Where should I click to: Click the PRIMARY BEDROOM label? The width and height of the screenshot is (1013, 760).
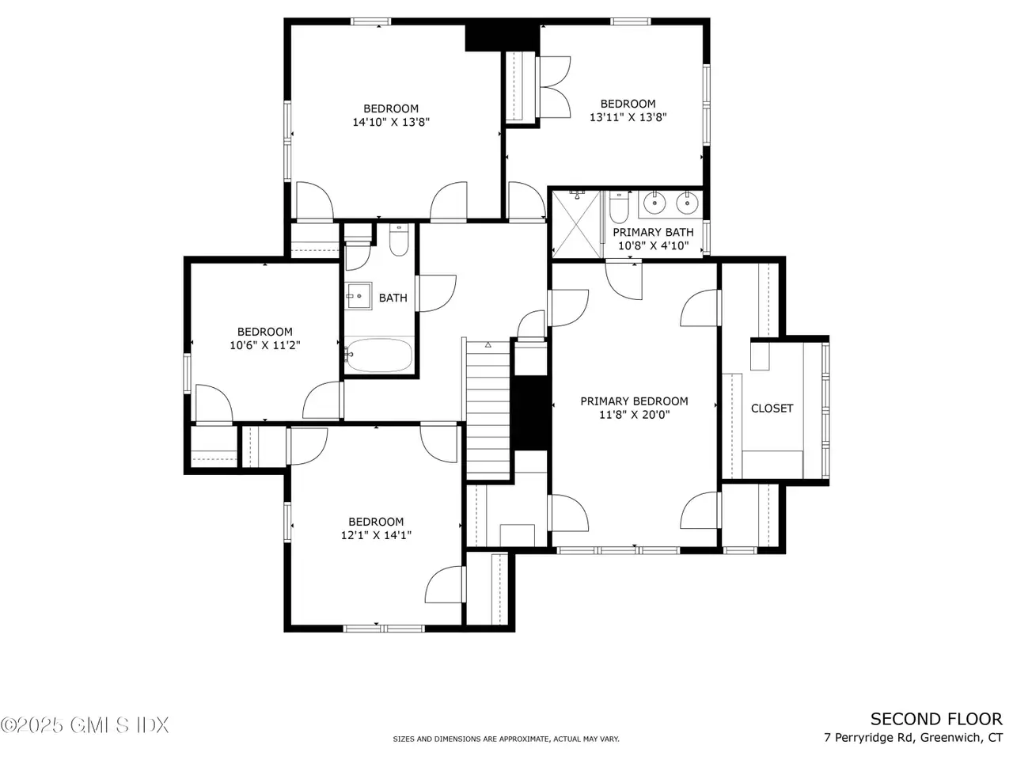coord(634,401)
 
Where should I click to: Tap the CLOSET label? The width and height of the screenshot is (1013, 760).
coord(772,408)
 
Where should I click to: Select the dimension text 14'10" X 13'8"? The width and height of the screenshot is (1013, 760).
coord(391,122)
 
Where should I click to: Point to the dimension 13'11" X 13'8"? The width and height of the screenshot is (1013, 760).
coord(628,117)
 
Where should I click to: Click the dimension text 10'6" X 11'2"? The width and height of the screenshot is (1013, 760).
coord(265,345)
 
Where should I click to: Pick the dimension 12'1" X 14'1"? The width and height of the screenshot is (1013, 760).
coord(376,535)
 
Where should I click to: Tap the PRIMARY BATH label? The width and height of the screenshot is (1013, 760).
coord(653,232)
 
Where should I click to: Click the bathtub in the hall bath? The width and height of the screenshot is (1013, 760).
coord(379,355)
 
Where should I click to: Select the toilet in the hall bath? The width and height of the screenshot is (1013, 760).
coord(399,240)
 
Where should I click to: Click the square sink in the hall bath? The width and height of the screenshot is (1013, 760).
coord(359,296)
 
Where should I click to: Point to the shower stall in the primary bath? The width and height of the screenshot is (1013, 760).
coord(576,224)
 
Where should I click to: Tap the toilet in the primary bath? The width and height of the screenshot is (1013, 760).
coord(619,207)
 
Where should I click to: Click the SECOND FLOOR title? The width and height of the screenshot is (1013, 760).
coord(936,720)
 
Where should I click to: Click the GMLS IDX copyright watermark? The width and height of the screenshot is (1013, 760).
coord(85,725)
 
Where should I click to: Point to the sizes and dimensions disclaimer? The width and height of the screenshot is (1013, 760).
coord(506,739)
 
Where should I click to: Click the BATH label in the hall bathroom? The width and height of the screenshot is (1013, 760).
coord(393,298)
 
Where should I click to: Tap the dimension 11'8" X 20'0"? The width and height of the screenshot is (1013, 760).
coord(634,414)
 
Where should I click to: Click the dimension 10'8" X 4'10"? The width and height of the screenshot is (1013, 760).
coord(653,245)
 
